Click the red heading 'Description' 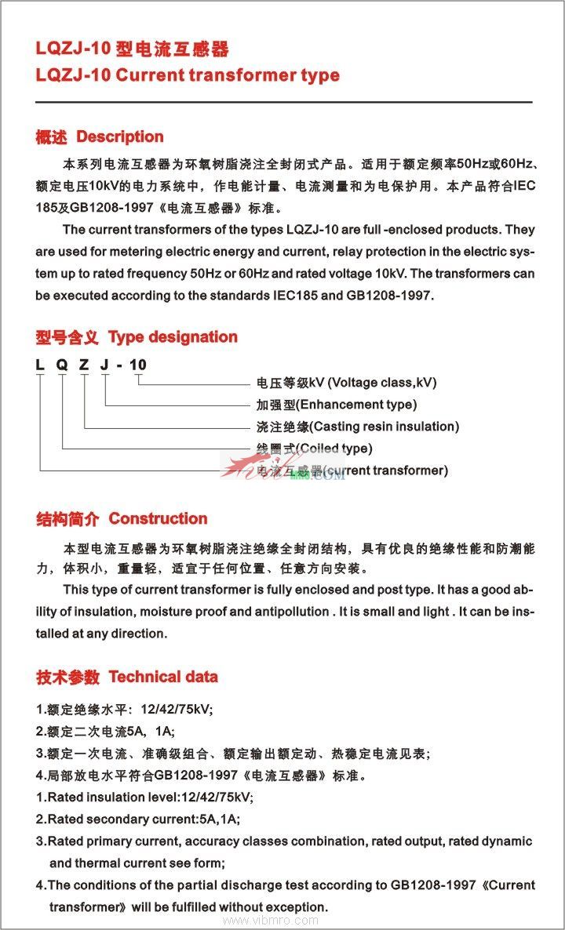pyautogui.click(x=119, y=136)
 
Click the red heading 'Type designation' pyautogui.click(x=173, y=337)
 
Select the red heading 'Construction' pyautogui.click(x=158, y=518)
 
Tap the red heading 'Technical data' pyautogui.click(x=163, y=677)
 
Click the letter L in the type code pyautogui.click(x=40, y=365)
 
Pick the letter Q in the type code pyautogui.click(x=61, y=365)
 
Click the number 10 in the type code pyautogui.click(x=138, y=365)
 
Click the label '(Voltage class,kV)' pyautogui.click(x=381, y=383)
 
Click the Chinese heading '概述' pyautogui.click(x=52, y=137)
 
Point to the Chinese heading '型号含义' pyautogui.click(x=67, y=338)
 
